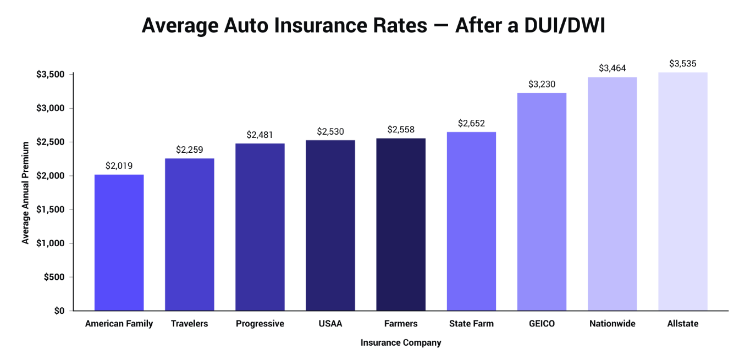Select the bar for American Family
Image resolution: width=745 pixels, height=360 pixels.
point(119,242)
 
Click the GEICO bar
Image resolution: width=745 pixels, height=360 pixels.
point(542,202)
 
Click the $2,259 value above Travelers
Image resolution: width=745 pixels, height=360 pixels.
point(189,149)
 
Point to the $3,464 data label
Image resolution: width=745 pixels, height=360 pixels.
point(612,68)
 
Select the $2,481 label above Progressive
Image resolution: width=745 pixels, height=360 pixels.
point(260,135)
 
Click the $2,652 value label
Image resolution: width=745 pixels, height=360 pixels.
point(471,123)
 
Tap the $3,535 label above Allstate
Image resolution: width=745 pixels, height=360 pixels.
point(682,64)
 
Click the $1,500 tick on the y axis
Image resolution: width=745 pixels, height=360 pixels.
point(51,209)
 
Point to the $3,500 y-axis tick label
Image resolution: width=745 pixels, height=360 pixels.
point(51,74)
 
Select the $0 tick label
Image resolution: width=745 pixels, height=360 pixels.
point(59,311)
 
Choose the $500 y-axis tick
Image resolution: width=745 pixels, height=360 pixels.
point(54,277)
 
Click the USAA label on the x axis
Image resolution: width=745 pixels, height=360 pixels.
point(330,324)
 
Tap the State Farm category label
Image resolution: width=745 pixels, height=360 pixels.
point(471,324)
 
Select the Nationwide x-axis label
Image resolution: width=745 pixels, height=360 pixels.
point(612,324)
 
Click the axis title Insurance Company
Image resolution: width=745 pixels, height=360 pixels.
point(401,343)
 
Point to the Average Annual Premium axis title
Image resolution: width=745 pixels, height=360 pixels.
point(25,193)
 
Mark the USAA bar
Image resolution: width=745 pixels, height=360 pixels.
point(330,225)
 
